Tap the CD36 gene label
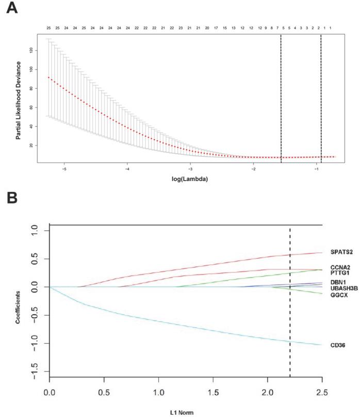337,345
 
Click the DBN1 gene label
338,282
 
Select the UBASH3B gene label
342,288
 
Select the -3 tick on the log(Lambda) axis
190,168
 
